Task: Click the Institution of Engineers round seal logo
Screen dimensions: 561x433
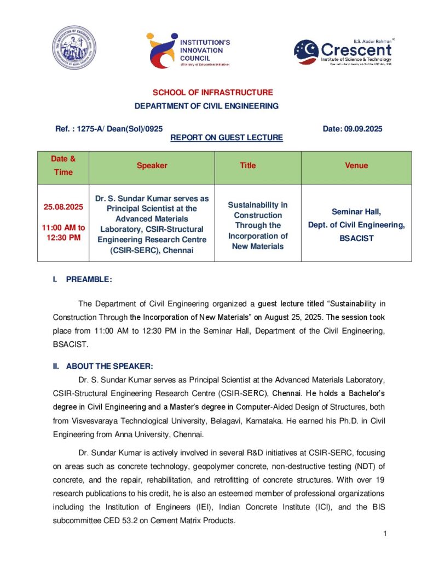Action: (73, 48)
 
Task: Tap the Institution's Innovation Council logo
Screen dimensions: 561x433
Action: (188, 49)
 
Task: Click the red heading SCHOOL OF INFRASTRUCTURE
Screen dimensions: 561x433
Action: (212, 93)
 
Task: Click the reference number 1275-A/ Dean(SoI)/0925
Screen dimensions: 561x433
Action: (109, 129)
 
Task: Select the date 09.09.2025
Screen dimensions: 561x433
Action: (352, 129)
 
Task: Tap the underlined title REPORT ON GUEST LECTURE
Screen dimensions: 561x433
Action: (227, 138)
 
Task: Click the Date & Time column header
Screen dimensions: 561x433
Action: (63, 165)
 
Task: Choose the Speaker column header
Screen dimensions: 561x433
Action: (152, 165)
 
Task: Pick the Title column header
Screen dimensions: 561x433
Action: (248, 165)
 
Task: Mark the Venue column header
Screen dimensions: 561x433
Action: (356, 165)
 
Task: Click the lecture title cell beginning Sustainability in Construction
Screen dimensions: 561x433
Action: (258, 225)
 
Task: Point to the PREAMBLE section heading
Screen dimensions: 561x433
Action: (88, 279)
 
